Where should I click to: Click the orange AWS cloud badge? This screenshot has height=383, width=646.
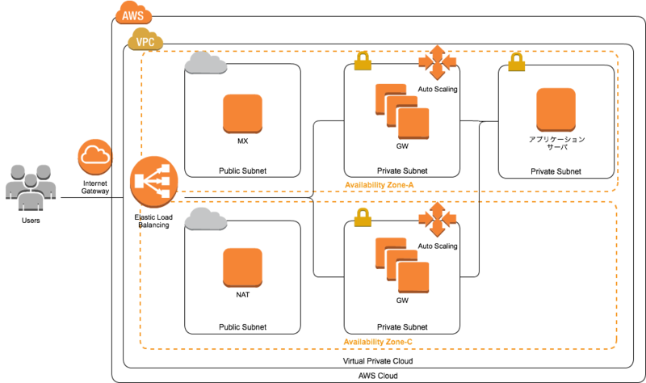pyautogui.click(x=133, y=14)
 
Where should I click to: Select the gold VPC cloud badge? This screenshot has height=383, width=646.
pyautogui.click(x=145, y=40)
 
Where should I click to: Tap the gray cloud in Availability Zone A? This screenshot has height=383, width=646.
pyautogui.click(x=205, y=63)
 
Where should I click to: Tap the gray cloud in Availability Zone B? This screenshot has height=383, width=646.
pyautogui.click(x=205, y=218)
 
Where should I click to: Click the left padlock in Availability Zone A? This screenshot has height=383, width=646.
pyautogui.click(x=363, y=61)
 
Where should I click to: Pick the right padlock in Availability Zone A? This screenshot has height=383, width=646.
pyautogui.click(x=516, y=61)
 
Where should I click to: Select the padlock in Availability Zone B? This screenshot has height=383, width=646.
pyautogui.click(x=363, y=216)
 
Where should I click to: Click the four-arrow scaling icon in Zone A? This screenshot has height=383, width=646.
pyautogui.click(x=437, y=62)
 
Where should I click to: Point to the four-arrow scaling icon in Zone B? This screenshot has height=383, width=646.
pyautogui.click(x=437, y=218)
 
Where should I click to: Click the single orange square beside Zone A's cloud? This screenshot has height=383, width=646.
pyautogui.click(x=242, y=113)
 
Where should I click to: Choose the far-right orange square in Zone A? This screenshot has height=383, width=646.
pyautogui.click(x=556, y=109)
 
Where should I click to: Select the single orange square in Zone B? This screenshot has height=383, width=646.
pyautogui.click(x=242, y=267)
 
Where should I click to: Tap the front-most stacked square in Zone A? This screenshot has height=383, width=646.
pyautogui.click(x=413, y=124)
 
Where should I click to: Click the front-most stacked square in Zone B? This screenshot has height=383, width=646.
pyautogui.click(x=413, y=278)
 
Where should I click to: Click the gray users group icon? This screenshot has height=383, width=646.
pyautogui.click(x=31, y=187)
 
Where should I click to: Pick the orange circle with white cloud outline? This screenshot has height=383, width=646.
pyautogui.click(x=94, y=156)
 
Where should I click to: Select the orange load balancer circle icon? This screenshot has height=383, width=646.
pyautogui.click(x=153, y=181)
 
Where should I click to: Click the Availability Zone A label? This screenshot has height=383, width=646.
pyautogui.click(x=379, y=185)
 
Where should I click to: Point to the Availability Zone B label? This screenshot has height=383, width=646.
pyautogui.click(x=378, y=342)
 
